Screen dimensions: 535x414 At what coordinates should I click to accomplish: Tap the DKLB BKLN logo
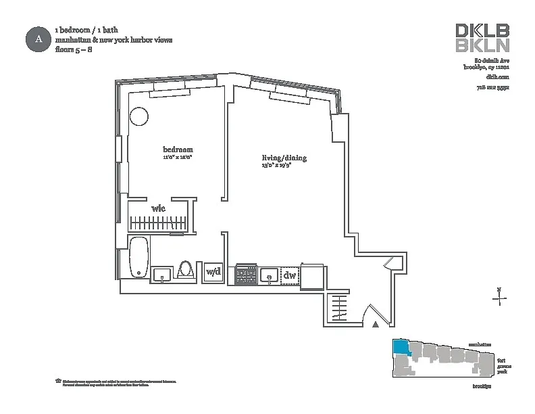coord(482,38)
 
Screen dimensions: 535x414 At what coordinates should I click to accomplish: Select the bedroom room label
coord(178,149)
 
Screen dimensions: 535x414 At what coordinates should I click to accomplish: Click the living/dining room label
coord(284,158)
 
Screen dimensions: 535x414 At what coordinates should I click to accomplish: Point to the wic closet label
coord(158,208)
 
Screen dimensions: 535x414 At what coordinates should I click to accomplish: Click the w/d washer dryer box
coord(213,272)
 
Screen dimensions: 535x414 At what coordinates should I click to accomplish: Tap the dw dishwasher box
coord(290,275)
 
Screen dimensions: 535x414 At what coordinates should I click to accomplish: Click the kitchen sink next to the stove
coord(269,275)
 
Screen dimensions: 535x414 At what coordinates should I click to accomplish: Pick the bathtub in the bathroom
coord(138,258)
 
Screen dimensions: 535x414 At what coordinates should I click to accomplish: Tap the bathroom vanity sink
coord(161,274)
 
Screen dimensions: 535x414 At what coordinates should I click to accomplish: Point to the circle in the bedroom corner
coord(138,116)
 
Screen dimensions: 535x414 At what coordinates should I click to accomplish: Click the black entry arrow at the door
coord(376,325)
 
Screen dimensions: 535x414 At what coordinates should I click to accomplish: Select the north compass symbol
coord(499,296)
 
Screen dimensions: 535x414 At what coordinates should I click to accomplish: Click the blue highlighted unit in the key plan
coord(401,348)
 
